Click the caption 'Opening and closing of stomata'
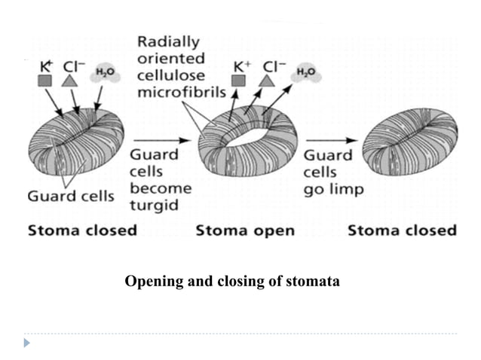click(x=232, y=282)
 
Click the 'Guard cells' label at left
click(x=71, y=197)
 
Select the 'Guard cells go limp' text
click(x=332, y=172)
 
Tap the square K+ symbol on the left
click(x=46, y=80)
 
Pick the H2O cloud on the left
click(x=102, y=74)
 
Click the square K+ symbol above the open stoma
click(x=238, y=80)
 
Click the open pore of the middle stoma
click(x=249, y=136)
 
